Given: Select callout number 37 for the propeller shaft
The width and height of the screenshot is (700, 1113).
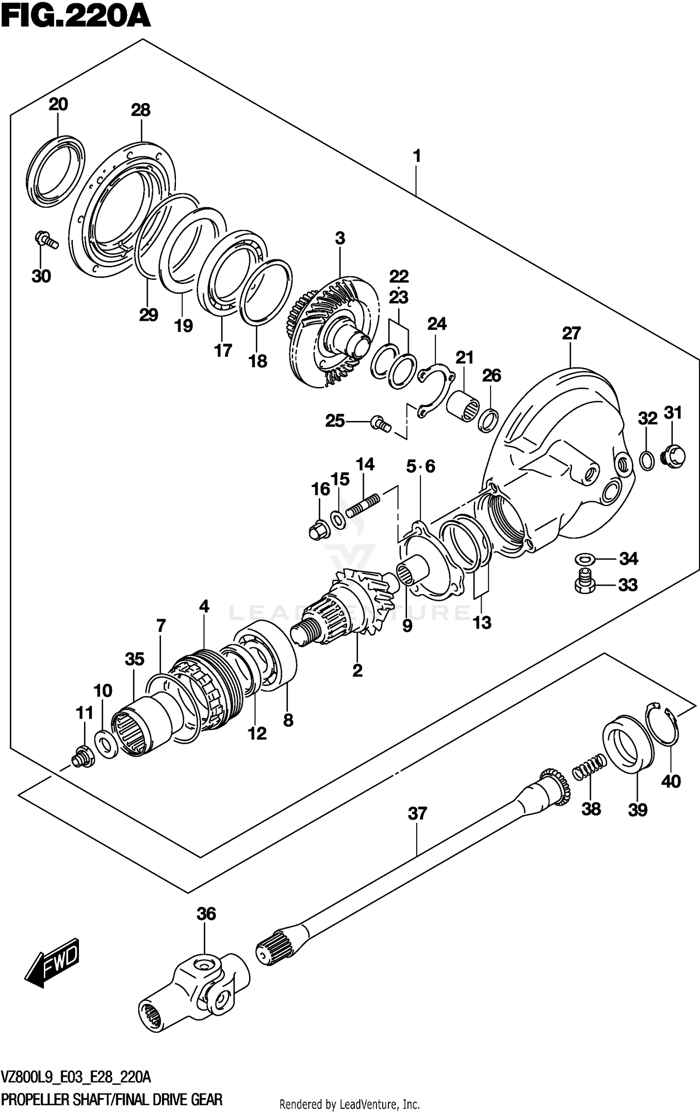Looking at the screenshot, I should pyautogui.click(x=417, y=813).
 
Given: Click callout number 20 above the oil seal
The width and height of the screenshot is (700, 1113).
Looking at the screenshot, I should pyautogui.click(x=58, y=104).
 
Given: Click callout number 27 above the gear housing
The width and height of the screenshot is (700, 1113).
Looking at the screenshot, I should pyautogui.click(x=571, y=333).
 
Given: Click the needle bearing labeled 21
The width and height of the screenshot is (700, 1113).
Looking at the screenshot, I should pyautogui.click(x=462, y=403).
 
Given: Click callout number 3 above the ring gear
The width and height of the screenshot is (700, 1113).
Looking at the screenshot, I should pyautogui.click(x=340, y=238).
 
